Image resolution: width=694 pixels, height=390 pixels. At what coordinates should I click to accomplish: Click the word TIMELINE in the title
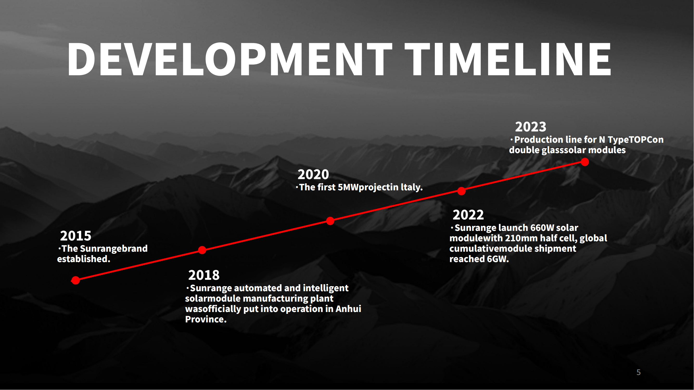508,59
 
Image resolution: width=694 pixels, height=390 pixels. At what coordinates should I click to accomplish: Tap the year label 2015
76,236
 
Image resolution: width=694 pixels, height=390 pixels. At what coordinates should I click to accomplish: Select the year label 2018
204,275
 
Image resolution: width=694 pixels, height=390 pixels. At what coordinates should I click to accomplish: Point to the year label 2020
313,174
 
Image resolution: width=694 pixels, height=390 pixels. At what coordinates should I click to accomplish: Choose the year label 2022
468,215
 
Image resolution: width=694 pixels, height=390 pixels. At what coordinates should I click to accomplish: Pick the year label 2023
531,127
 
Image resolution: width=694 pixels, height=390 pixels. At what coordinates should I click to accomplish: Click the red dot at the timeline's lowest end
76,281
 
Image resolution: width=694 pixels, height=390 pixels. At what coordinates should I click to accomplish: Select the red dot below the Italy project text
330,221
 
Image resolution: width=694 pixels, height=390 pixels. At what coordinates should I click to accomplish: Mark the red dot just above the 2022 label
462,191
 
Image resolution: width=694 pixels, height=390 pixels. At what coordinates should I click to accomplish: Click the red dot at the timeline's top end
585,162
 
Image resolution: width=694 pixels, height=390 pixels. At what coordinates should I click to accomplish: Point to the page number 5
639,372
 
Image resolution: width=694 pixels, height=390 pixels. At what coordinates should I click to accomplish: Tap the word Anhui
348,309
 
